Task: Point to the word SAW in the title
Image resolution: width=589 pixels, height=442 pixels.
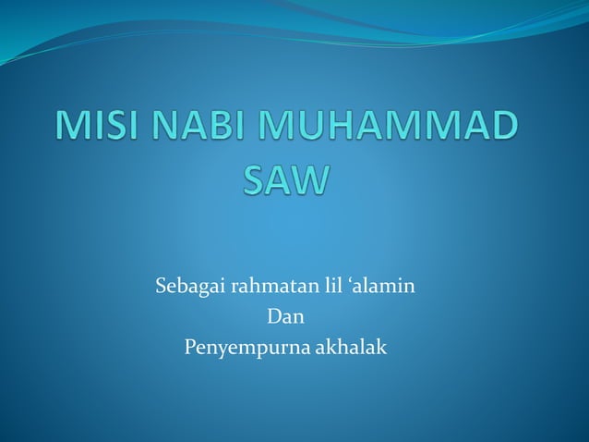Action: (x=285, y=178)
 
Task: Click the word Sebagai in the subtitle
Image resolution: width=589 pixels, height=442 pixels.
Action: (x=187, y=287)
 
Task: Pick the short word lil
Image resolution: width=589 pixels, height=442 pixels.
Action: (x=330, y=287)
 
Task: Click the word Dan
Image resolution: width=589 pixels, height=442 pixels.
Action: (x=284, y=317)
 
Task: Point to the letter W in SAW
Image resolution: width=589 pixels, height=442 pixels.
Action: (x=308, y=178)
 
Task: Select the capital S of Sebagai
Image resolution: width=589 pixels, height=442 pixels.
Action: (x=160, y=287)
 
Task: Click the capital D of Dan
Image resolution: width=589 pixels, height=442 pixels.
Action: (x=272, y=317)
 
